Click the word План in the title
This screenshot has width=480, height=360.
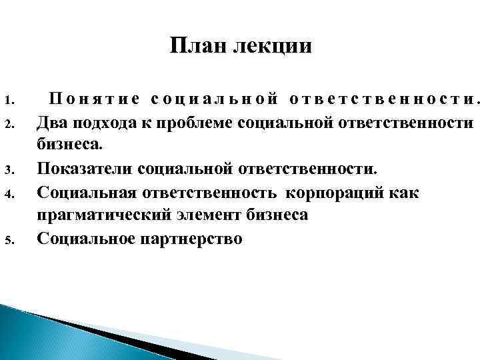point(194,47)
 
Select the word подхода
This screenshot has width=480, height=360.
point(97,124)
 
